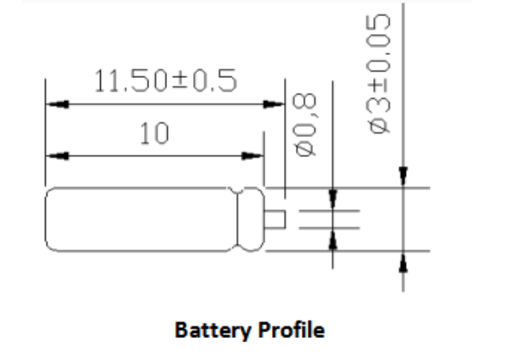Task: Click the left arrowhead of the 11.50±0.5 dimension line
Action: tap(57, 105)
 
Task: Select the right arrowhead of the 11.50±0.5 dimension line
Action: tap(274, 105)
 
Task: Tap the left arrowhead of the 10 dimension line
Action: tap(57, 156)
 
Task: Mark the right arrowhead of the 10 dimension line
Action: tap(252, 156)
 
